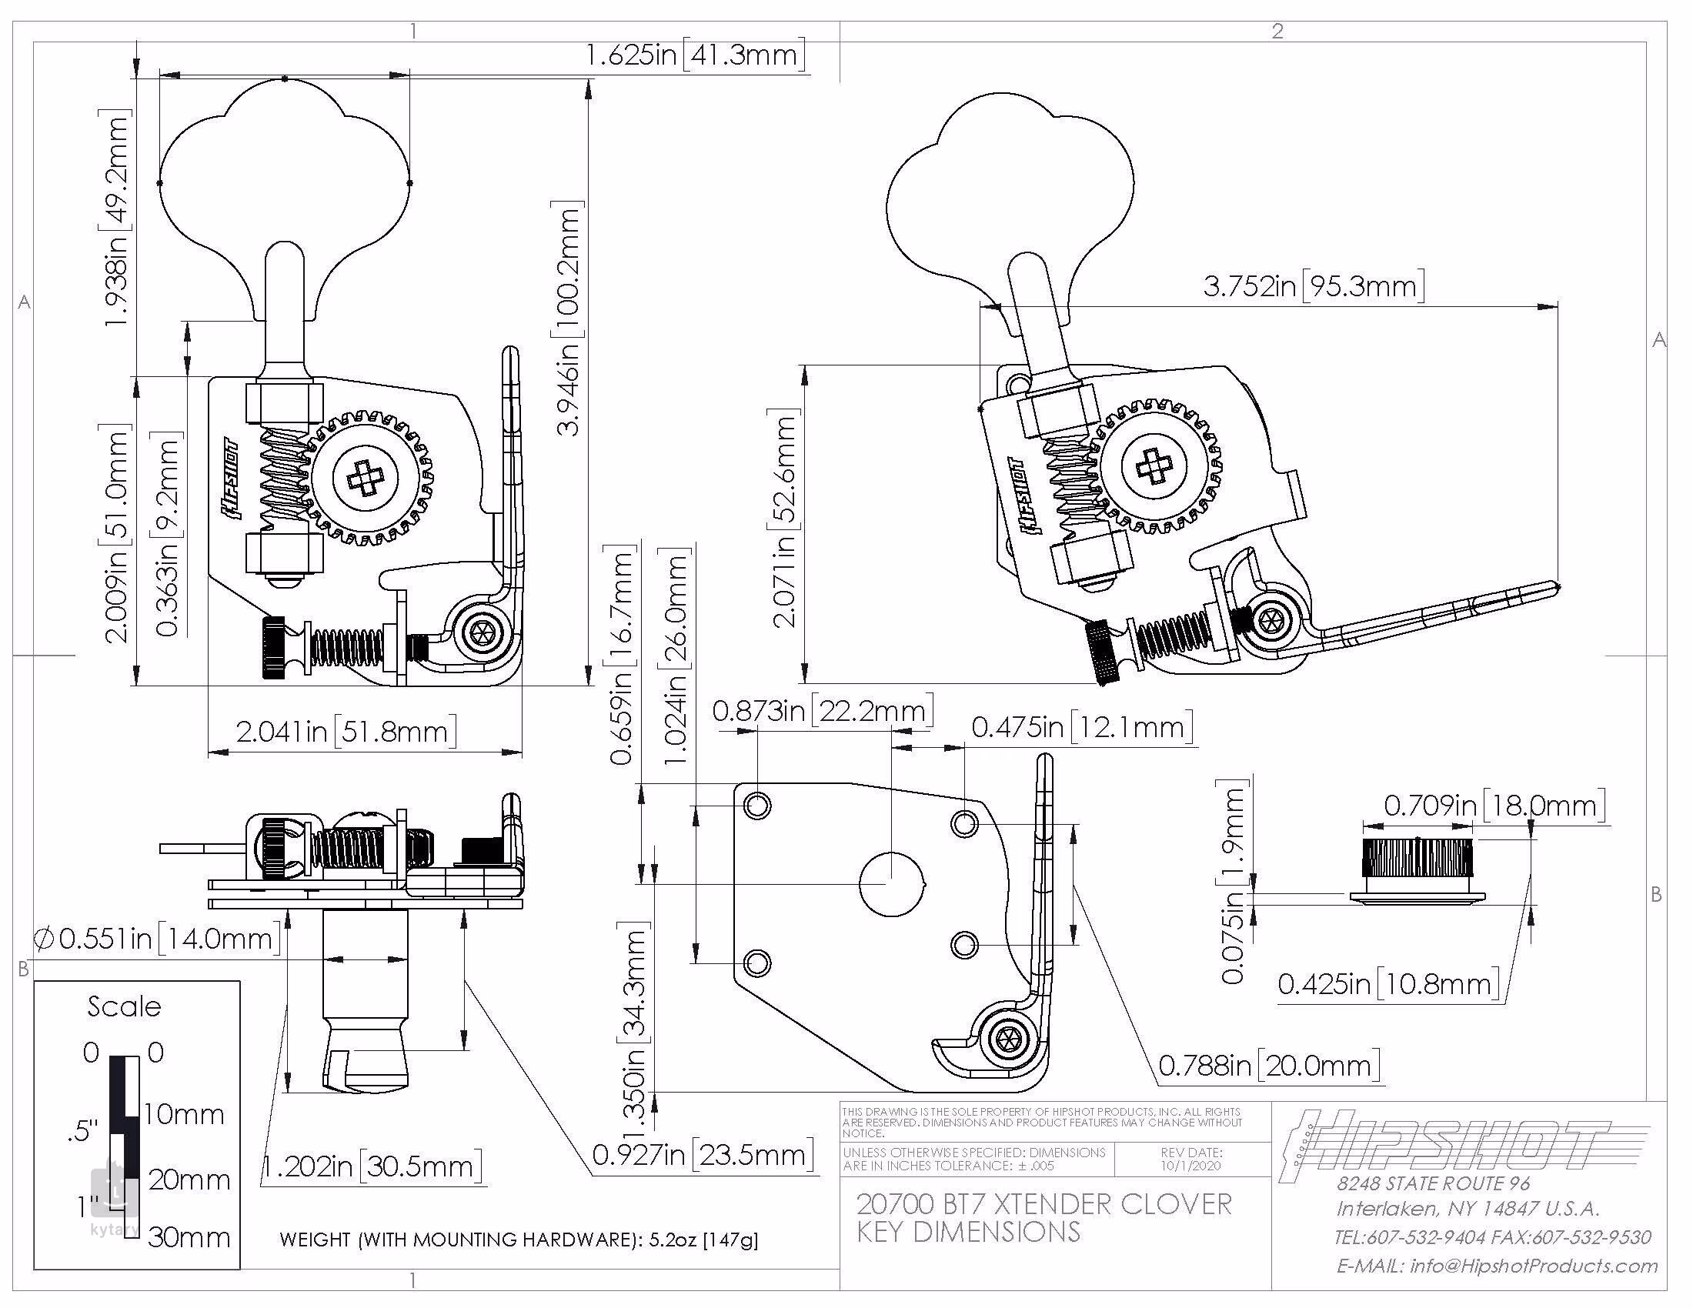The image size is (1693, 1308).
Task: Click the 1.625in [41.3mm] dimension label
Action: tap(695, 55)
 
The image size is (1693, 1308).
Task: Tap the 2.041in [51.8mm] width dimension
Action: tap(346, 732)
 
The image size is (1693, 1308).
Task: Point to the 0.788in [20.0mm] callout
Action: tap(1269, 1066)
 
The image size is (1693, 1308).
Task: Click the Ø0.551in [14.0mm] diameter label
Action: tap(157, 939)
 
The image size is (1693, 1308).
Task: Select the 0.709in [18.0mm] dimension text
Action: tap(1494, 806)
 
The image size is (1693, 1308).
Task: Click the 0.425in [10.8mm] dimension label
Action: tap(1387, 984)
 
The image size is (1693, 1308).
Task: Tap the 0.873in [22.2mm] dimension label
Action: tap(822, 711)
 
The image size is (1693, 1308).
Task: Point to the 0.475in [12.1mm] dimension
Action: tap(1081, 727)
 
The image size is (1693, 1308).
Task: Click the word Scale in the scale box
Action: tap(124, 1006)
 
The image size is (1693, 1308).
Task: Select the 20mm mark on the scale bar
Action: tap(189, 1180)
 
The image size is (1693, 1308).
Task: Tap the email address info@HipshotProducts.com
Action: tap(1496, 1266)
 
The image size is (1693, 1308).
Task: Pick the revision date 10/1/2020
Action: tap(1190, 1166)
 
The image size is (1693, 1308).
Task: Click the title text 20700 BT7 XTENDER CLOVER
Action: tap(1044, 1204)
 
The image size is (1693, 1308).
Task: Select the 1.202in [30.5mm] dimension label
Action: tap(372, 1166)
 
